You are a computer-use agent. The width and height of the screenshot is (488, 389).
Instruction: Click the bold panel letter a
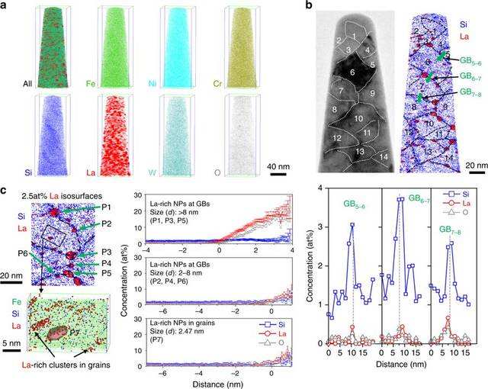7,7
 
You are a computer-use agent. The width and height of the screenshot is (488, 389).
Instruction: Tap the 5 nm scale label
14,323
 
